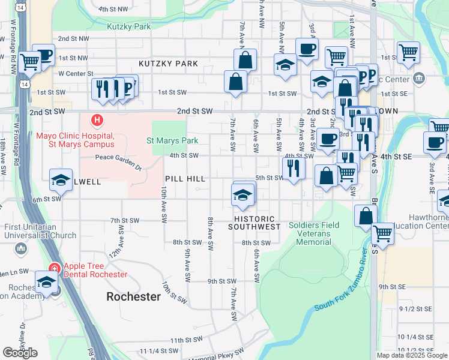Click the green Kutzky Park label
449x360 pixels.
[128, 26]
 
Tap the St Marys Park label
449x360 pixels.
[172, 141]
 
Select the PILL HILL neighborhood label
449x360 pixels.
[185, 179]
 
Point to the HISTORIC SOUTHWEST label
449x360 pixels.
[255, 223]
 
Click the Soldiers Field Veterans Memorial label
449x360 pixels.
[313, 233]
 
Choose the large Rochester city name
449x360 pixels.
[133, 296]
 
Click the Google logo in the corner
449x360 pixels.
[20, 353]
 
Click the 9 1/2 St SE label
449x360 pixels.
[415, 308]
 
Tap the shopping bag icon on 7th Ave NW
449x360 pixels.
[245, 60]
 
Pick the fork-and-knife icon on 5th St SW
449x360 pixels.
[292, 167]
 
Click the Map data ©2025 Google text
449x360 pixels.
[412, 355]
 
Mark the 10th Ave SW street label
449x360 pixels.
[163, 205]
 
